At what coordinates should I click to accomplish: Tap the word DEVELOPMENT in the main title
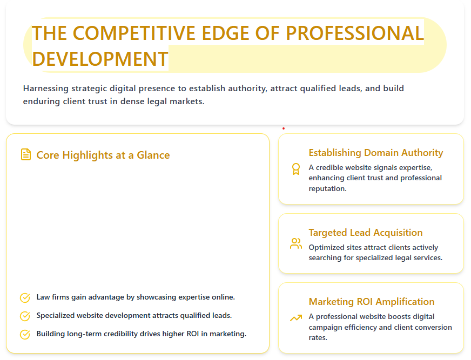coord(100,58)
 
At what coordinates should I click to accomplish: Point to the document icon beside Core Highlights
coord(25,155)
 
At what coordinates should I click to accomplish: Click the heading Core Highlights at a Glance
coord(103,155)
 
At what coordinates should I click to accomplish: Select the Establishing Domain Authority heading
coord(375,153)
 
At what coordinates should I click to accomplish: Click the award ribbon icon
coord(295,169)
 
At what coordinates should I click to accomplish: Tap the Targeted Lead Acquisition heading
coord(365,233)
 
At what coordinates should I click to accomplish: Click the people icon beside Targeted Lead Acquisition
coord(295,243)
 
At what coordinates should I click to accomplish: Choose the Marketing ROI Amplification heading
coord(371,302)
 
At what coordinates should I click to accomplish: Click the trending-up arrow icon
coord(295,318)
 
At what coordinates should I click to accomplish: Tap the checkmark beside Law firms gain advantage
coord(25,298)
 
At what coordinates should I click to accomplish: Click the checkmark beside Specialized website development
coord(25,316)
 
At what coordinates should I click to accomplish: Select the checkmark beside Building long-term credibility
coord(25,335)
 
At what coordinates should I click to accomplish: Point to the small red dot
coord(284,128)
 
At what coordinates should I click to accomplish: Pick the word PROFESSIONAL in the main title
coord(355,33)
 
